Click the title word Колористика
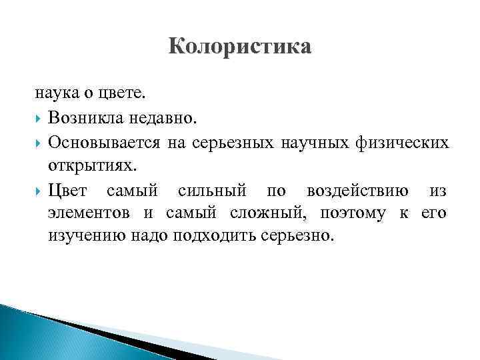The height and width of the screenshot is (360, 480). (x=240, y=48)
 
